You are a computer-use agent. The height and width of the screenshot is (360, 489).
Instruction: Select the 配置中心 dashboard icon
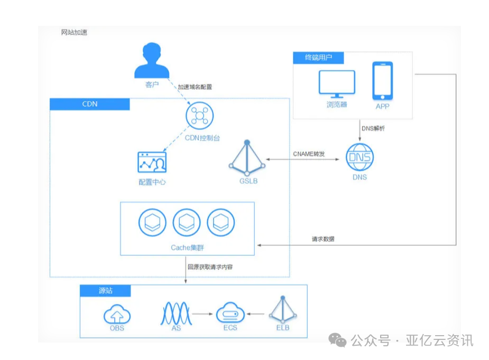click(x=152, y=162)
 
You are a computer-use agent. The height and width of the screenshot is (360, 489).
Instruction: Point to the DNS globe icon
click(x=359, y=157)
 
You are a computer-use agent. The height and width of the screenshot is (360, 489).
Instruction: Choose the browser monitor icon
click(x=337, y=84)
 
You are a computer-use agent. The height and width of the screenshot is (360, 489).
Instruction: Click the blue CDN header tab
click(x=89, y=104)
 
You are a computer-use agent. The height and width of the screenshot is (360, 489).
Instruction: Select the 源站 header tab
click(x=105, y=291)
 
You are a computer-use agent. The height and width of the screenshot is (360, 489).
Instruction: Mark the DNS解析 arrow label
click(x=373, y=128)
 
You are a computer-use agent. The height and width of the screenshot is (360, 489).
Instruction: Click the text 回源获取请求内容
click(x=210, y=267)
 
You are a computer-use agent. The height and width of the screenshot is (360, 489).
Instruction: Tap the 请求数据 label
click(x=322, y=239)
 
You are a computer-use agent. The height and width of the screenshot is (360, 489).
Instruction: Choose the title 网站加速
click(x=74, y=32)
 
